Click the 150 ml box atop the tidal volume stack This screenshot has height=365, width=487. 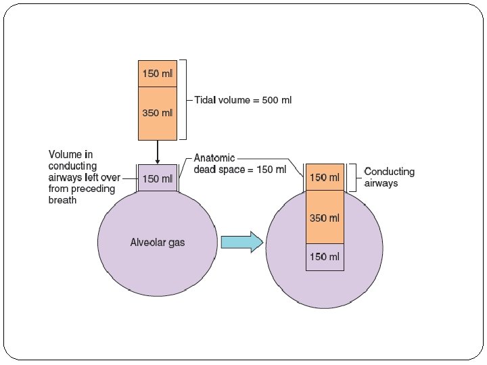[x=157, y=73]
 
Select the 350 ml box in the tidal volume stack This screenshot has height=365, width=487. [x=157, y=113]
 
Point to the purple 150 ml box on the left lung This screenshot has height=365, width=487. [x=157, y=178]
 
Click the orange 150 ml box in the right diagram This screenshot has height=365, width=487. [x=325, y=177]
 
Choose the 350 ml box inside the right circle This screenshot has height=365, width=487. [x=325, y=218]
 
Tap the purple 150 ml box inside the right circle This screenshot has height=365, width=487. [x=325, y=257]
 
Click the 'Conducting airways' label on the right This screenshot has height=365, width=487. [x=390, y=177]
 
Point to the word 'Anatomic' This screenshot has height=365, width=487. [x=214, y=158]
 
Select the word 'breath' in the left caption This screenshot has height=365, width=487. [x=63, y=201]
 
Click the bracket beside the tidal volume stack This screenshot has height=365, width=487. [x=185, y=100]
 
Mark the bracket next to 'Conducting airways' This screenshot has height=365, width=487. [x=352, y=177]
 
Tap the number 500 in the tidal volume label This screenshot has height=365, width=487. [x=267, y=100]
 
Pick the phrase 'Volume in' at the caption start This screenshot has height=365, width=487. [x=70, y=155]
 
